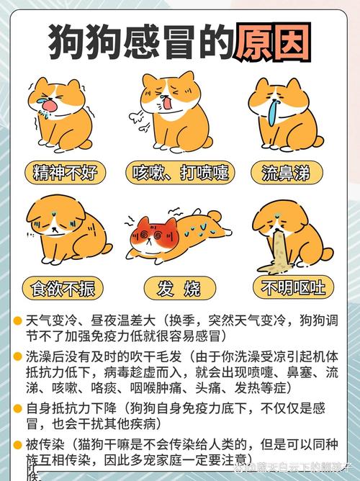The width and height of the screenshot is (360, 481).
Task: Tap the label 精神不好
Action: tap(65, 172)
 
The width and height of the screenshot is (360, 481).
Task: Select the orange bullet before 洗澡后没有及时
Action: tap(18, 356)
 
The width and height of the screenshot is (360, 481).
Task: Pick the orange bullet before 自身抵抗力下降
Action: tap(18, 408)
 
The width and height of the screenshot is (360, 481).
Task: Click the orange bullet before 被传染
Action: tap(18, 444)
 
